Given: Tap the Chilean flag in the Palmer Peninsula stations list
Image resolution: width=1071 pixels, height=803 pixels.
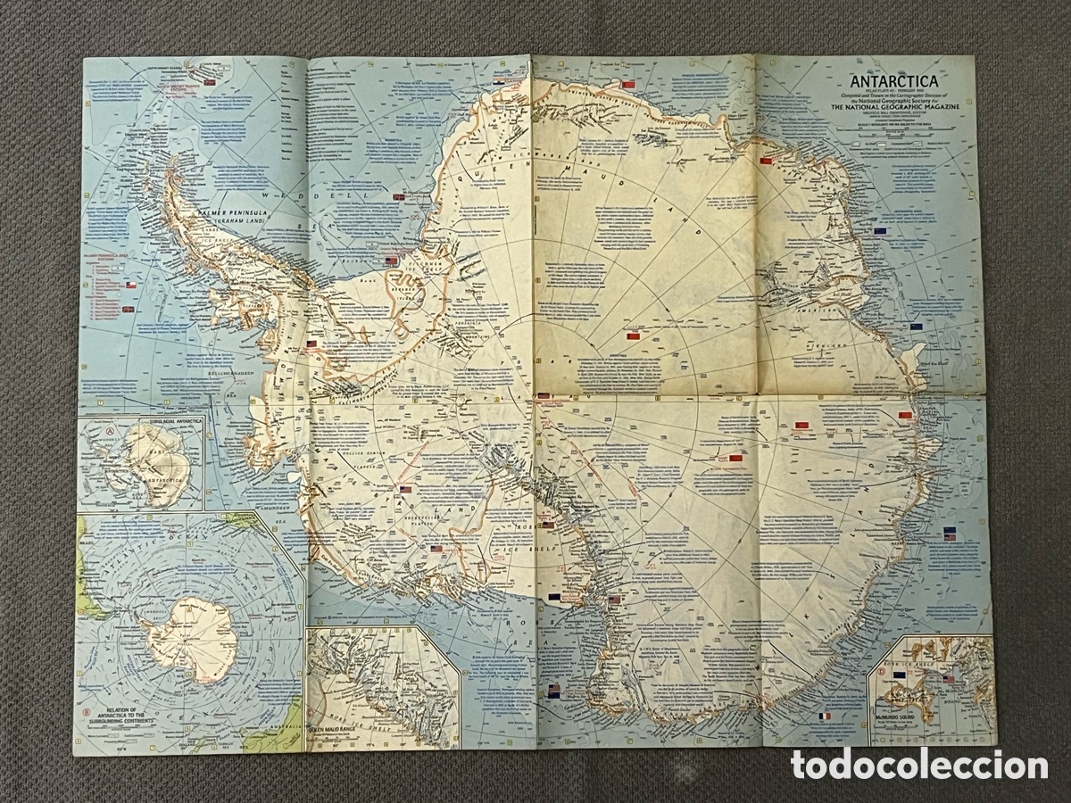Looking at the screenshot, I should pyautogui.click(x=130, y=284).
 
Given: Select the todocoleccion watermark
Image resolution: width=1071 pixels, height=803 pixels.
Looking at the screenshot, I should pyautogui.click(x=918, y=765).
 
